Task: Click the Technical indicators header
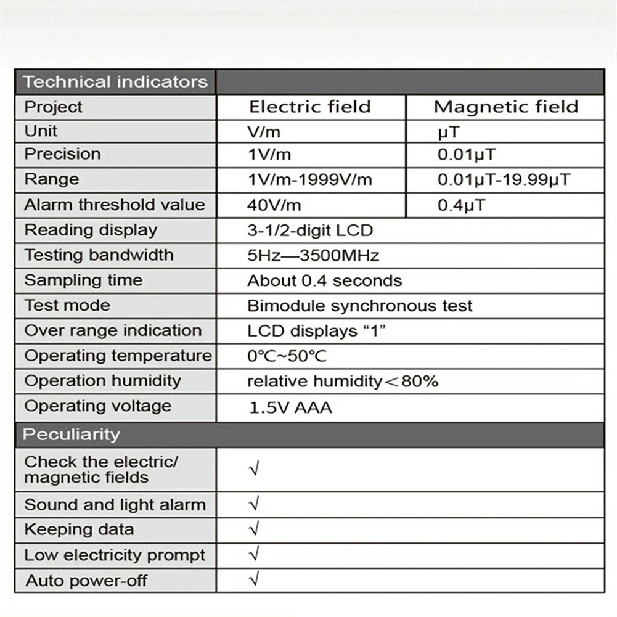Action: point(115,82)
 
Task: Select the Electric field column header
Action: point(309,107)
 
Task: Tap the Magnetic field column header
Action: point(505,107)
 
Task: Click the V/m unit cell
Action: point(265,131)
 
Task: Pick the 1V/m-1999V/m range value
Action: point(309,180)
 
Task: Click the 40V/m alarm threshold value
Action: point(274,205)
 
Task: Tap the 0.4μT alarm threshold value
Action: point(461,205)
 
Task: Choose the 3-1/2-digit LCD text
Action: point(310,231)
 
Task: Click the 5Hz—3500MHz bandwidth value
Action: point(313,256)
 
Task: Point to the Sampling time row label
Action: point(83,280)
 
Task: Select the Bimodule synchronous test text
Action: point(360,306)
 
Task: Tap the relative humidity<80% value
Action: point(342,382)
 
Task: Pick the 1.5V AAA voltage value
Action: point(290,407)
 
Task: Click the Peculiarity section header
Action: point(72,435)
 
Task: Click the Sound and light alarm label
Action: point(115,505)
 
